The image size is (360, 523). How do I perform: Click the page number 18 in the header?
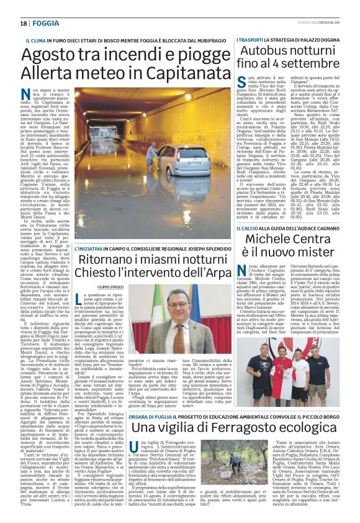[x=23, y=23]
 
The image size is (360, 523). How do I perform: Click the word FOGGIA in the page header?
[x=47, y=23]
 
